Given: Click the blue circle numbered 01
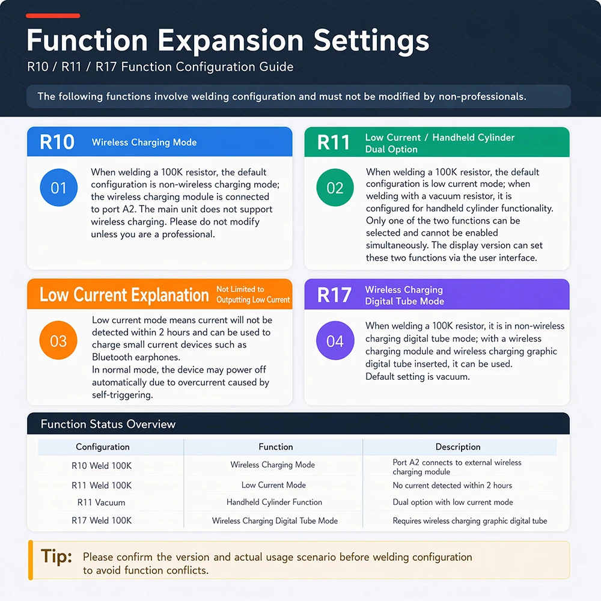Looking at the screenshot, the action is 59,188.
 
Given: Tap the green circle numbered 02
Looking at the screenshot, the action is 335,188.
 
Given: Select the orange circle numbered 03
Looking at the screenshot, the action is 58,340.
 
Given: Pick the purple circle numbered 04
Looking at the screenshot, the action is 335,340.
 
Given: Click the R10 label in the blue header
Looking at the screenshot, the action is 57,142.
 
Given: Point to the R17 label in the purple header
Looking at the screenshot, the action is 334,295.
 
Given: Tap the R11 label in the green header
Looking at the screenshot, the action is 334,142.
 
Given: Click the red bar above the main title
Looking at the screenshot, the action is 53,16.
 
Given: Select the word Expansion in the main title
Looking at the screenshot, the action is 230,41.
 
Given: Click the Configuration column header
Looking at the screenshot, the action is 103,447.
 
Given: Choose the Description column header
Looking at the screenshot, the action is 458,447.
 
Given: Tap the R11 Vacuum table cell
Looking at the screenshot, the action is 101,502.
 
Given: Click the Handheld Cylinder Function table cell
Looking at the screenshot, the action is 274,502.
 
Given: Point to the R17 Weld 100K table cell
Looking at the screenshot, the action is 102,520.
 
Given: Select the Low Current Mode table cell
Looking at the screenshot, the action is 273,485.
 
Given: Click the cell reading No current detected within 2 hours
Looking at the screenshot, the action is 453,485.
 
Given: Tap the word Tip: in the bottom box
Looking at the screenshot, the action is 56,556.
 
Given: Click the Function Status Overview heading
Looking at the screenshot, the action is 108,424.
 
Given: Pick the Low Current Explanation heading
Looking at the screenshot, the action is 124,294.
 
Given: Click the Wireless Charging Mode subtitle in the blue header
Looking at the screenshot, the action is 144,142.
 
